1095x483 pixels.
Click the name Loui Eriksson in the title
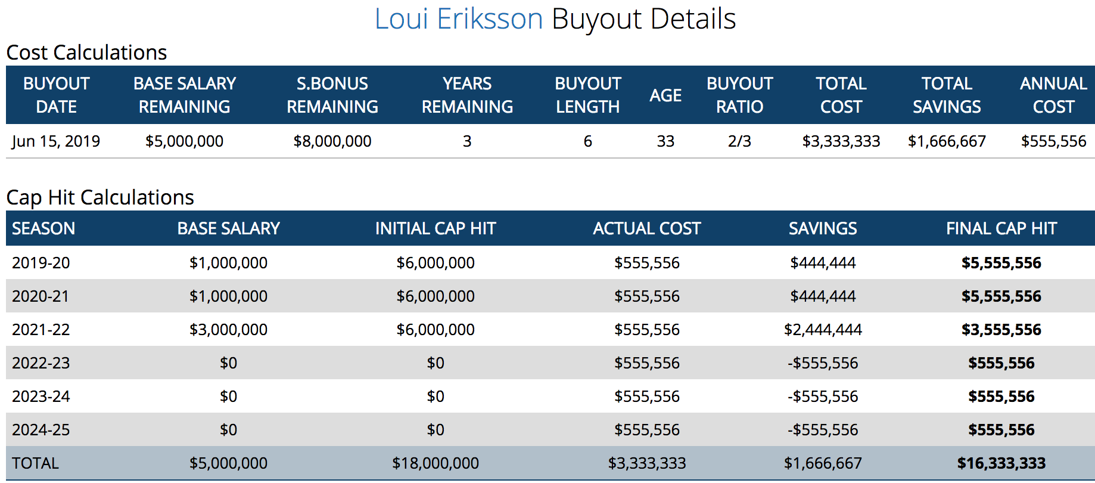coord(459,19)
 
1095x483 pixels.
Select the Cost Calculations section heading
coord(86,52)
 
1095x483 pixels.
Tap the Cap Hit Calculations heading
coord(100,197)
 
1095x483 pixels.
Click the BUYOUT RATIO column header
coord(739,95)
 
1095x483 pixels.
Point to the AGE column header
coord(665,95)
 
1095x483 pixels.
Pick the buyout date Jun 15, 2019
coord(56,141)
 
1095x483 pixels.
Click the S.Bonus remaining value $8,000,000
coord(332,141)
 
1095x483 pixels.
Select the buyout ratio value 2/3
coord(739,141)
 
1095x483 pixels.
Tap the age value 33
coord(665,141)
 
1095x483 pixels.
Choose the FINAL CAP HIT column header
coord(1001,228)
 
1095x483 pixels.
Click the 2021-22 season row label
coord(41,330)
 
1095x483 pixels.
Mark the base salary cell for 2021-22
coord(228,330)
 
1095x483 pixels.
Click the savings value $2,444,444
coord(823,330)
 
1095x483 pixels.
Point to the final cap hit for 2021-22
coord(1001,330)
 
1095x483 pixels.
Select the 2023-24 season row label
coord(41,397)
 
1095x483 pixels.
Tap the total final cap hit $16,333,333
coord(1001,463)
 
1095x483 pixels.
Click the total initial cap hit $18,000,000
coord(435,463)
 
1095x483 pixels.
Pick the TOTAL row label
coord(35,463)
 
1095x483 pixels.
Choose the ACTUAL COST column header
coord(647,228)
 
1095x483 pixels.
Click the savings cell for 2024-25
coord(823,430)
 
